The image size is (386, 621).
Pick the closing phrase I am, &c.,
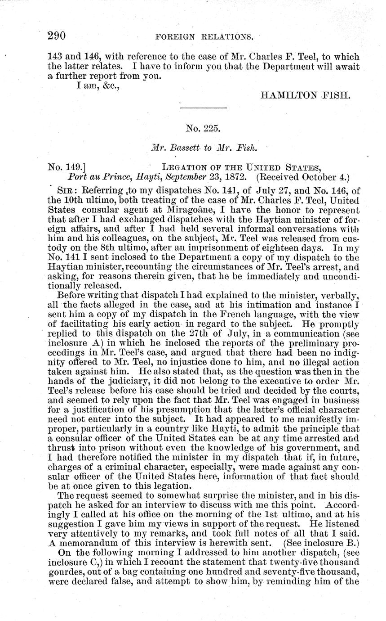[96, 86]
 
